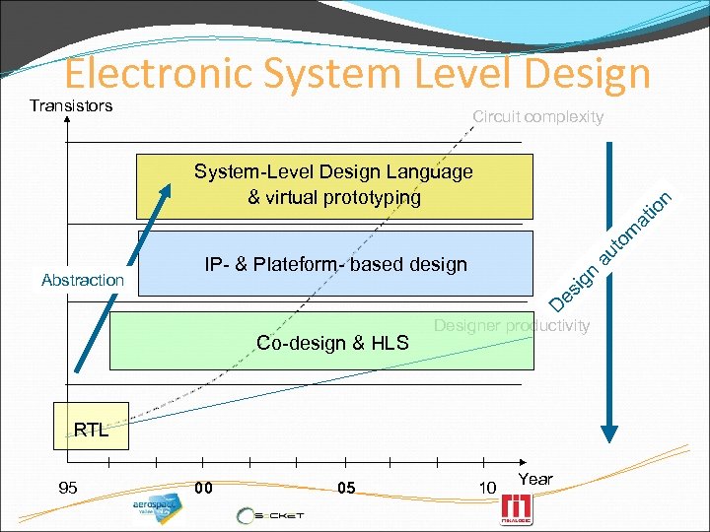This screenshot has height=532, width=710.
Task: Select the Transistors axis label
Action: point(71,105)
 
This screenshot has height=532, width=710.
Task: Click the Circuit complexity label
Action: point(537,116)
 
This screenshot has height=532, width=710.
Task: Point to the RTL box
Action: point(91,430)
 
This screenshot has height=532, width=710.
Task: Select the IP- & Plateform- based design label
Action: point(335,264)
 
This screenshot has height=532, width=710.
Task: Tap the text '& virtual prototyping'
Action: point(333,197)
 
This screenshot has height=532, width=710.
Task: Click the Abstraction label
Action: point(83,280)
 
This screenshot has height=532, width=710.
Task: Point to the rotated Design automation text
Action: point(610,247)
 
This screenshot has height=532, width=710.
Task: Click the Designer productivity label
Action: point(512,325)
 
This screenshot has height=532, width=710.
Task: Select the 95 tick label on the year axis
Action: point(68,488)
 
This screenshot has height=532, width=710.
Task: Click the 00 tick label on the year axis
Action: point(203,488)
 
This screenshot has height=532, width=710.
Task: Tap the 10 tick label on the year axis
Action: point(487,488)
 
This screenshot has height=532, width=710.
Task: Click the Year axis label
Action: point(535,479)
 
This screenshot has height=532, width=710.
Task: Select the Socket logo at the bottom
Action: point(270,515)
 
